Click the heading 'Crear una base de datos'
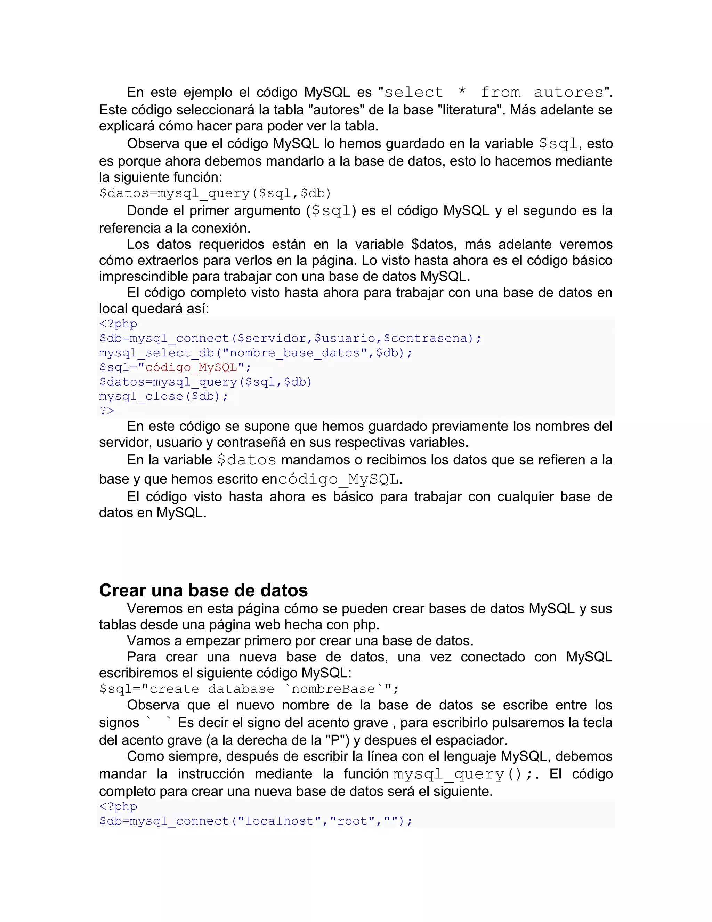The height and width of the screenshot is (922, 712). coord(203,590)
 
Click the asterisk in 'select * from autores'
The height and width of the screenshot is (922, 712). coord(462,92)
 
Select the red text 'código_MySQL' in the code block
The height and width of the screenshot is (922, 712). coord(191,367)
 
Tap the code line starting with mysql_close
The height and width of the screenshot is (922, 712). coord(163,396)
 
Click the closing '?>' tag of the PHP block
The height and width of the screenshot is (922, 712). coord(107,411)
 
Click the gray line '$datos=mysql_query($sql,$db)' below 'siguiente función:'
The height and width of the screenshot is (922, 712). coord(215,193)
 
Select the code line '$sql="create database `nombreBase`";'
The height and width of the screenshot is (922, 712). coord(249,689)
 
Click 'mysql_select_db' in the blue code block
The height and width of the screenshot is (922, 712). coord(156,353)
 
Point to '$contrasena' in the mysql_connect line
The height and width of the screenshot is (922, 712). coord(426,339)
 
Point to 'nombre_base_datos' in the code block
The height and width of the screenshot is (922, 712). coord(294,353)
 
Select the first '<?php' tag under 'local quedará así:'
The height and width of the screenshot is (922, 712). coord(118,324)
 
